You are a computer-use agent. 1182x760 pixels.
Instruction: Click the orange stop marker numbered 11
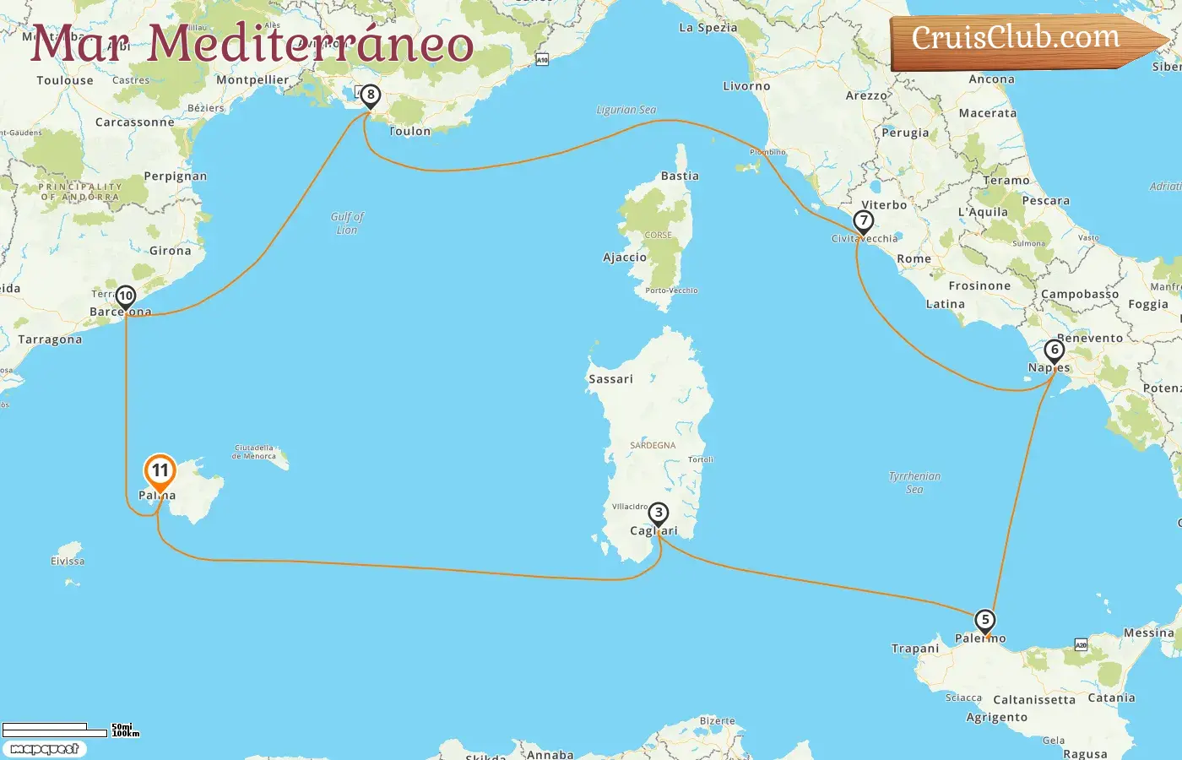(x=160, y=471)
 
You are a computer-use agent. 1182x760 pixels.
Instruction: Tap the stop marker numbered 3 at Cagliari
(x=658, y=513)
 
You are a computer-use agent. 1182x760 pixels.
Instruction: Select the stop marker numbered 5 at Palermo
(x=984, y=621)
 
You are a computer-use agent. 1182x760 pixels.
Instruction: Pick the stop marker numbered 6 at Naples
(x=1054, y=350)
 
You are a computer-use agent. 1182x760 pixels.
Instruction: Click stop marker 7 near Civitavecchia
(x=863, y=221)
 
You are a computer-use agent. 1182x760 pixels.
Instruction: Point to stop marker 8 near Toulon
(x=370, y=95)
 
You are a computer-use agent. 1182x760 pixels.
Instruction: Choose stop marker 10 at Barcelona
(x=126, y=296)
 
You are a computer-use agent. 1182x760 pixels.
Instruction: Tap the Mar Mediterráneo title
(x=252, y=44)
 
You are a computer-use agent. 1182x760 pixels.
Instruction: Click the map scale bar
(x=55, y=730)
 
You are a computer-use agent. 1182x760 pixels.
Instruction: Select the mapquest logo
(x=45, y=749)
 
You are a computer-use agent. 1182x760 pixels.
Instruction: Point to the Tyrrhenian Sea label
(x=914, y=482)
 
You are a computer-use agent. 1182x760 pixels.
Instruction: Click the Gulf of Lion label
(x=347, y=223)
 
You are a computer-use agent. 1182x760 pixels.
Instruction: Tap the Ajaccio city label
(x=625, y=258)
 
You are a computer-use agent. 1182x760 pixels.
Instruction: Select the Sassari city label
(x=610, y=379)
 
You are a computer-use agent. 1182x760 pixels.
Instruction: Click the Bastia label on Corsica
(x=680, y=176)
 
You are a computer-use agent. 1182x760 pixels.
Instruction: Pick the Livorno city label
(x=746, y=86)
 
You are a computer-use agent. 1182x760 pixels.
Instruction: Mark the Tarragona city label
(x=51, y=339)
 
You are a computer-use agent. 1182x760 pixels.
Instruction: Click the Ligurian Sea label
(x=626, y=110)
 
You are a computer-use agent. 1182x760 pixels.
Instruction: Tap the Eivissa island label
(x=68, y=561)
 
